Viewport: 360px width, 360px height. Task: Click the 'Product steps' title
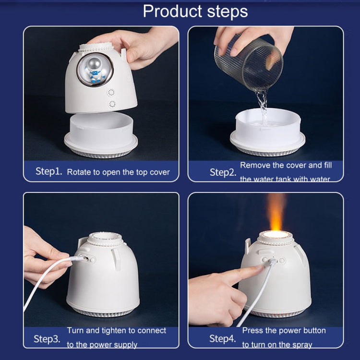[195, 12]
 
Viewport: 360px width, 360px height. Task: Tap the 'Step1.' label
[49, 171]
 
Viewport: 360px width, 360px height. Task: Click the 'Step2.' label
[223, 172]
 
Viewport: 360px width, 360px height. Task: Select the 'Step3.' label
[47, 339]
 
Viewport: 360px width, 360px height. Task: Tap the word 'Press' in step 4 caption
[253, 331]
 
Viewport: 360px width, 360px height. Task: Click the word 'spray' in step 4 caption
[301, 345]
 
